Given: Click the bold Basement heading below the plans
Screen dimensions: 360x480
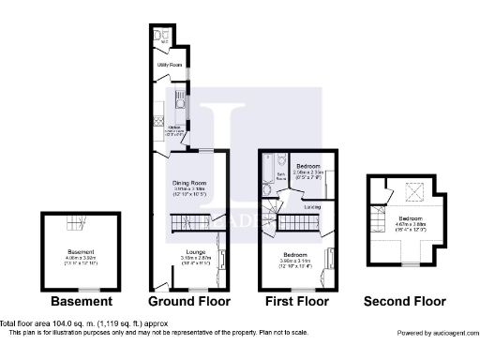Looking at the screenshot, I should [82, 302].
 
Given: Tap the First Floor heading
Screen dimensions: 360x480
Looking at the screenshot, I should [295, 302].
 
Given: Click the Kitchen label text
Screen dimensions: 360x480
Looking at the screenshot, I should [172, 128].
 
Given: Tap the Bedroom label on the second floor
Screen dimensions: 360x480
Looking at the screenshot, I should [410, 218].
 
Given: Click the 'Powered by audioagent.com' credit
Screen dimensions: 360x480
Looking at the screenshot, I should [435, 334].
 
